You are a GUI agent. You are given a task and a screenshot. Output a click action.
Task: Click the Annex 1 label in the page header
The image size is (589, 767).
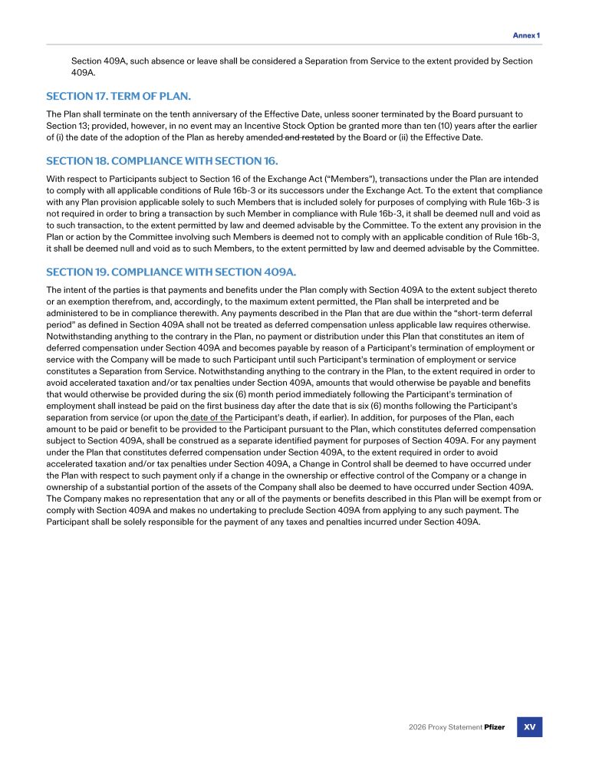(x=526, y=35)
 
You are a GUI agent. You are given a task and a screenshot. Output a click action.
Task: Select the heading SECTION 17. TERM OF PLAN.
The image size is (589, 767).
(x=118, y=96)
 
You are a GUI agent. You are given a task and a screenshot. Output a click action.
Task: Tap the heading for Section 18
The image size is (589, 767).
(x=162, y=161)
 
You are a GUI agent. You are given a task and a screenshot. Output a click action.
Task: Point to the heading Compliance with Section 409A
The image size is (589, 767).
(x=170, y=272)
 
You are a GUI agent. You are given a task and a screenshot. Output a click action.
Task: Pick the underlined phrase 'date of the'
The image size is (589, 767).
(x=211, y=417)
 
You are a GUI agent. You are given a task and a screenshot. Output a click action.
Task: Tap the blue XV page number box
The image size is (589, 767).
(x=529, y=726)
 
